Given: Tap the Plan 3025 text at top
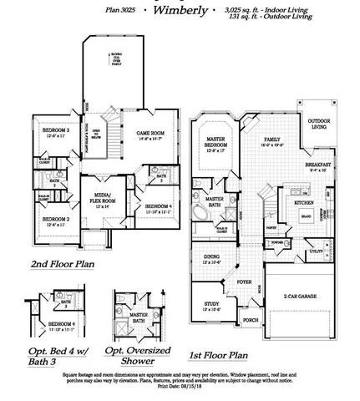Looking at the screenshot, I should [x=122, y=9].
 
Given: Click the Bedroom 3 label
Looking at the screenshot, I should [x=56, y=133].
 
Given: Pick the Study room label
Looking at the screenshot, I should [x=213, y=306].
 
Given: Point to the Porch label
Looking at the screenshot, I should [x=250, y=319].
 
